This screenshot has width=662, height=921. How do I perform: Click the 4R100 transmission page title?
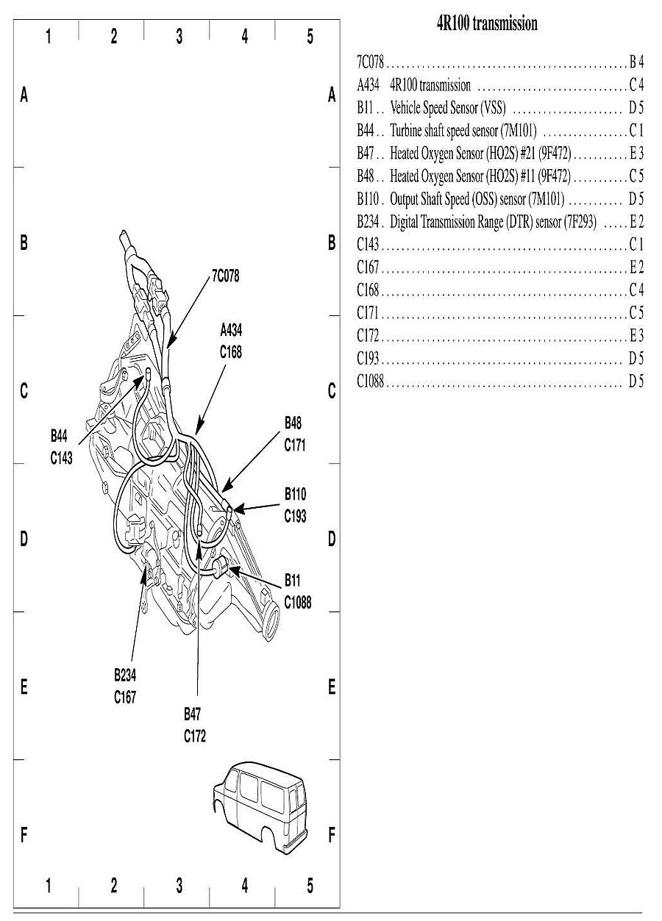(487, 24)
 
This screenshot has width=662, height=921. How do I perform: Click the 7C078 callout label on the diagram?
(225, 276)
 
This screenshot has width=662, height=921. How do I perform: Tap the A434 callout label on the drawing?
(230, 332)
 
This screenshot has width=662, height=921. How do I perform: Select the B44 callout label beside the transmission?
(59, 437)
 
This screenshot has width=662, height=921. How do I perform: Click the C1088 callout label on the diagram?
(298, 602)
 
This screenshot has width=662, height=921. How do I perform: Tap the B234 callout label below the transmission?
(124, 675)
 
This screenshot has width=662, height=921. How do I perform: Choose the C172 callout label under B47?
(195, 736)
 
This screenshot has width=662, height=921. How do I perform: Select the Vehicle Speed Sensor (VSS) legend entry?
(448, 107)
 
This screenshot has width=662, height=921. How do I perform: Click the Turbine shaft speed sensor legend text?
(463, 132)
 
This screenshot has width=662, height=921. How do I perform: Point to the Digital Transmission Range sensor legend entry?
(493, 222)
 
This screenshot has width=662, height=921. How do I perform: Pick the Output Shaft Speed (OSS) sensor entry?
(477, 199)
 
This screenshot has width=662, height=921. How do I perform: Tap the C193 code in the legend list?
(368, 359)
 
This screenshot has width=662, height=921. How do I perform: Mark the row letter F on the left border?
(24, 835)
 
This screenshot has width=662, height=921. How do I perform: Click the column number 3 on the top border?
(179, 37)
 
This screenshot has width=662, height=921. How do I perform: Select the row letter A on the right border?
(332, 95)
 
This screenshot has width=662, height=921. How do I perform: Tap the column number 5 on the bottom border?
(310, 886)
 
